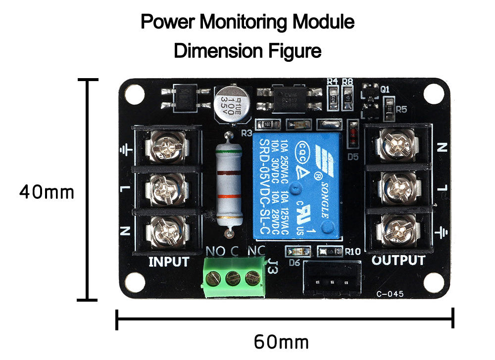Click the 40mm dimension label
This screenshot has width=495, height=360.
(47, 192)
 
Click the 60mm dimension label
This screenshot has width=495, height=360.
(281, 342)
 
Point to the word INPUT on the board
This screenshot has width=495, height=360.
(169, 262)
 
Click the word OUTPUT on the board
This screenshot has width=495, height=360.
(398, 261)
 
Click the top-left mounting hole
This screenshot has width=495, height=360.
(135, 92)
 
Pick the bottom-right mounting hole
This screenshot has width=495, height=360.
(434, 283)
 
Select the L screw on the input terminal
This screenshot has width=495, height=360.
(167, 189)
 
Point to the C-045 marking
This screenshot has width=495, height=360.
(390, 294)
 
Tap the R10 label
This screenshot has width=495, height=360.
(352, 252)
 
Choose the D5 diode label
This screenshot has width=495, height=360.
(352, 157)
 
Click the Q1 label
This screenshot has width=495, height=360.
(386, 89)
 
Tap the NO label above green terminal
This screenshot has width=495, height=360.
(215, 251)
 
